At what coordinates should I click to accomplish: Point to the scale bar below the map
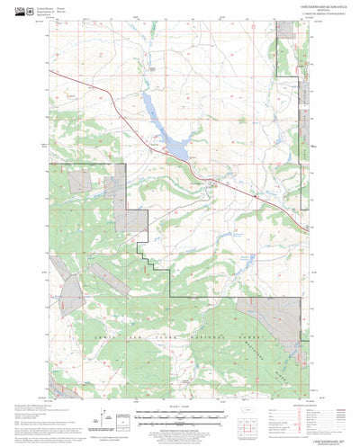coord(179,415)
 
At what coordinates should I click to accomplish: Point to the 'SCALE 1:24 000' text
coord(179,407)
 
